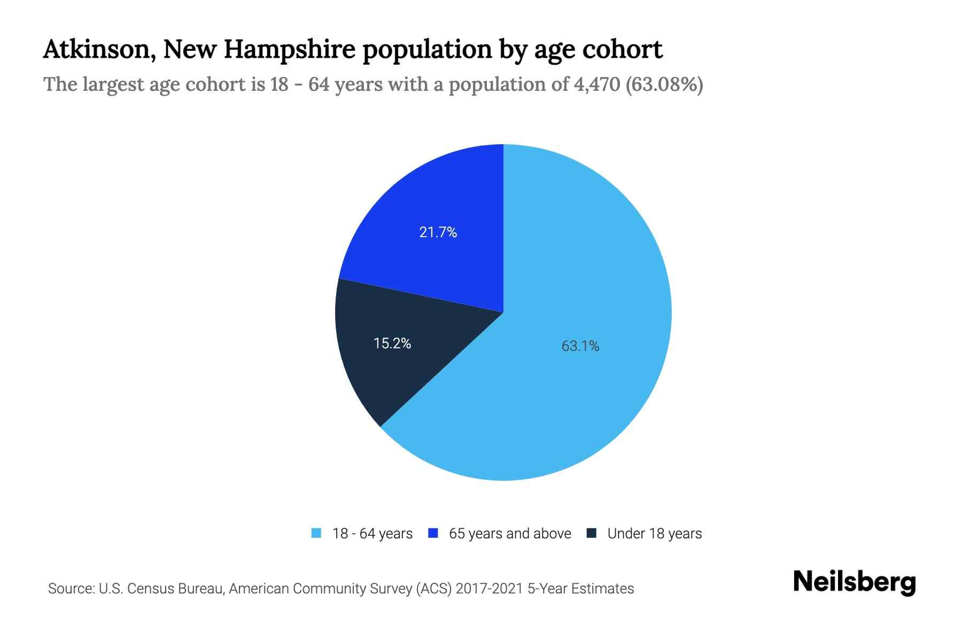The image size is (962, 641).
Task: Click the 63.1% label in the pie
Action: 580,346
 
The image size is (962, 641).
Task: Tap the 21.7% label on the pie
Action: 438,232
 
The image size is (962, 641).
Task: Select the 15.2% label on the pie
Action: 392,343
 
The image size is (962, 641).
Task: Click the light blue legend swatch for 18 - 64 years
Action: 316,533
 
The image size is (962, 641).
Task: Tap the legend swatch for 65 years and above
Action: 433,533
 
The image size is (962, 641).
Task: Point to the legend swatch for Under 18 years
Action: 591,533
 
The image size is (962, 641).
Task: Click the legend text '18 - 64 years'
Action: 373,534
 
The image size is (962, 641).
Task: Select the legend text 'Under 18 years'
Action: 654,534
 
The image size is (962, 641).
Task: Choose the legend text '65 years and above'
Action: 510,534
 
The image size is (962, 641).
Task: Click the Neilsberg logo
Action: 854,582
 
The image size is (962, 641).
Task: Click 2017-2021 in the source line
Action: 490,589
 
